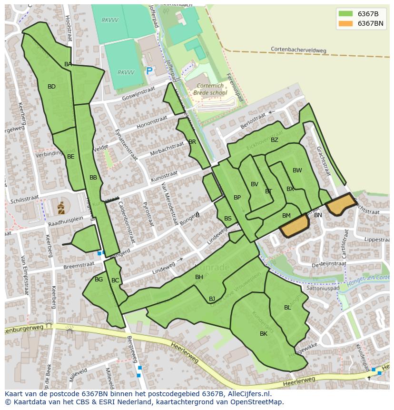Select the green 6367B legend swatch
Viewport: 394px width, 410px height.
point(346,13)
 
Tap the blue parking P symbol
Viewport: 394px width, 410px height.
point(149,71)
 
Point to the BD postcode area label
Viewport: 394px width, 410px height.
point(51,87)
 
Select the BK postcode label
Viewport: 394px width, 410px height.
point(264,334)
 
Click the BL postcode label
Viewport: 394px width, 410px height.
point(287,308)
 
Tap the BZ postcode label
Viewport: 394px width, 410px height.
point(275,140)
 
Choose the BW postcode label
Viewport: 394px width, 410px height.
point(297,170)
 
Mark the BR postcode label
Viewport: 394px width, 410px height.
point(192,142)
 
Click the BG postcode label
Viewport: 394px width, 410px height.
point(98,280)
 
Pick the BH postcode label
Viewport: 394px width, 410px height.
point(199,277)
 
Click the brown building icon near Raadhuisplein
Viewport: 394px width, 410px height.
point(61,208)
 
